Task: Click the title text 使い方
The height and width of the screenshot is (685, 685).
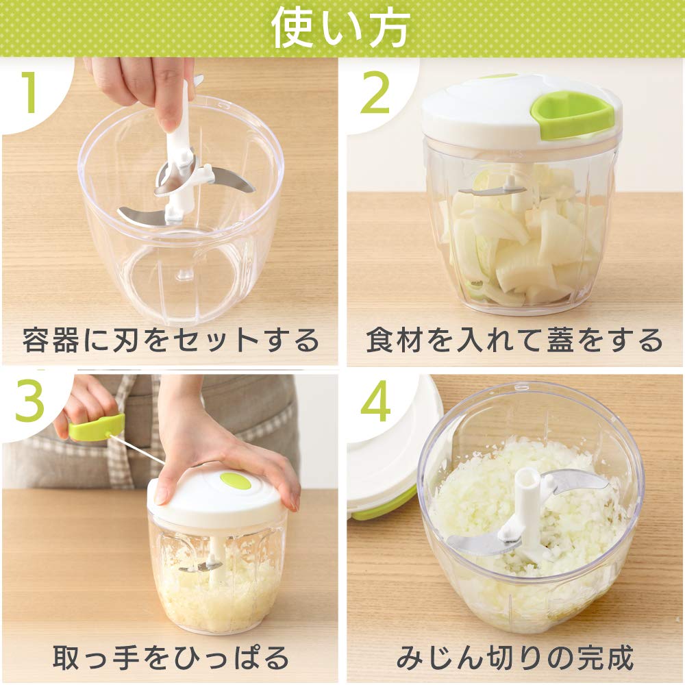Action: [x=340, y=28]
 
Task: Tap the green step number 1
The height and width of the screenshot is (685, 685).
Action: [x=30, y=92]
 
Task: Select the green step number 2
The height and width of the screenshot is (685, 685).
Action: [x=375, y=92]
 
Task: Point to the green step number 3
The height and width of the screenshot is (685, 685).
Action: [x=29, y=401]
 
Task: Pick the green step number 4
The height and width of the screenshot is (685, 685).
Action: [x=375, y=401]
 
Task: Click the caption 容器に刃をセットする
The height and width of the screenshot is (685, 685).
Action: [x=171, y=340]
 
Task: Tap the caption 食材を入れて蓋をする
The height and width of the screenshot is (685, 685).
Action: [x=514, y=340]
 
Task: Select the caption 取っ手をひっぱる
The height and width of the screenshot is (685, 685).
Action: [x=171, y=657]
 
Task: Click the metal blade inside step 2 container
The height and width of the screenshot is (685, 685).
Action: [x=490, y=190]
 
